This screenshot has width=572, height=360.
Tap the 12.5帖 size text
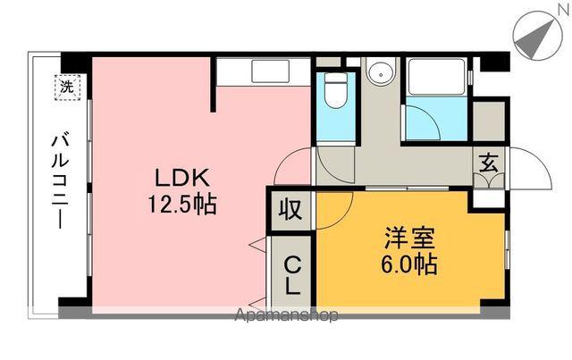[x=182, y=204]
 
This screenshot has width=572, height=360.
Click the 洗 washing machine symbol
[x=66, y=88]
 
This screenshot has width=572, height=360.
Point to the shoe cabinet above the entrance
[x=490, y=120]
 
